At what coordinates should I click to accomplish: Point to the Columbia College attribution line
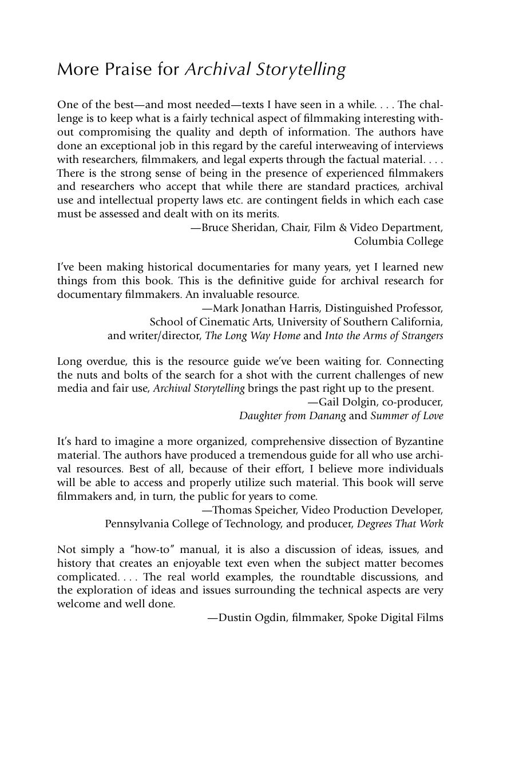click(x=398, y=241)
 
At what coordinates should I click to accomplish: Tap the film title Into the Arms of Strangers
click(x=384, y=336)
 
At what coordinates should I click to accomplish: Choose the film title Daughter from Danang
click(x=292, y=416)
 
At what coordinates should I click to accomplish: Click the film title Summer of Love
click(x=406, y=416)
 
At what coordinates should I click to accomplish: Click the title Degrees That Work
click(x=400, y=524)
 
